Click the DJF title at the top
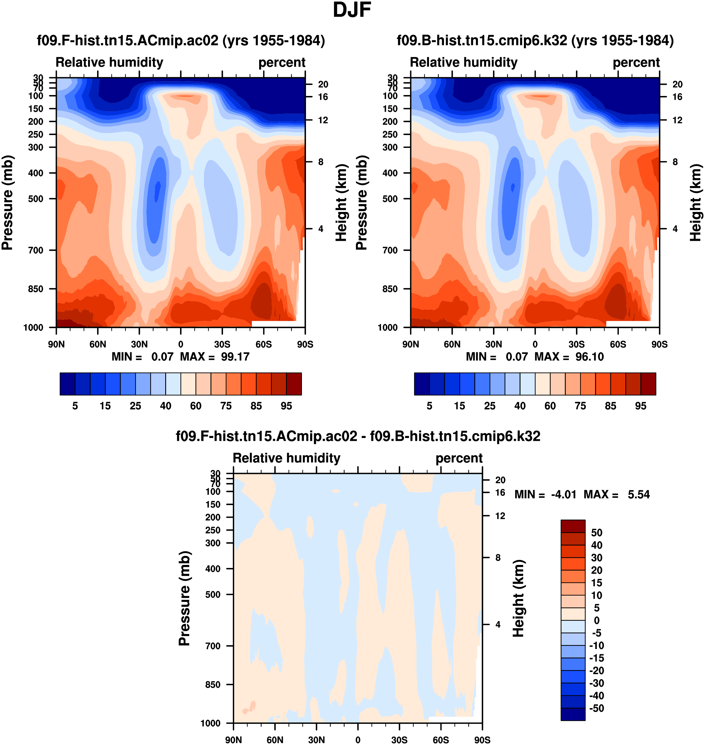coord(352,10)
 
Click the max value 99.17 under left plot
coord(235,357)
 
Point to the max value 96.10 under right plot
coord(589,357)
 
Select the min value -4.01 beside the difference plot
coord(564,494)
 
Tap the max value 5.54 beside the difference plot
coord(638,494)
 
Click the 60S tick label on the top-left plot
coord(264,344)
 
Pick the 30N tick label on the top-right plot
coord(493,344)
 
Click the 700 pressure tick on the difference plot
coord(213,646)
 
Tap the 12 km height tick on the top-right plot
coord(677,120)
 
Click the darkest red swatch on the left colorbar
coord(294,384)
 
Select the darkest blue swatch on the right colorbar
coord(422,384)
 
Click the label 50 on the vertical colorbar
coord(597,533)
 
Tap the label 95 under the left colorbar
coord(286,406)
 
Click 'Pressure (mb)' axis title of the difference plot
coord(184,598)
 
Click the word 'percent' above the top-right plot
coord(636,63)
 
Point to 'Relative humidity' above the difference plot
coord(286,458)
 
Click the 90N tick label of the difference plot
coord(233,740)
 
